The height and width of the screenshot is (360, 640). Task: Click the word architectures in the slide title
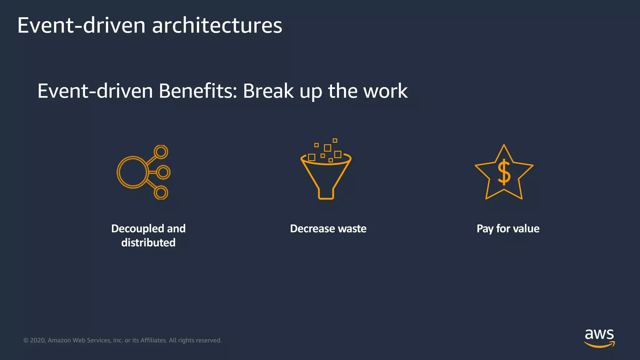point(217,26)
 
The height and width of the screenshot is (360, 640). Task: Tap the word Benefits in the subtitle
point(198,91)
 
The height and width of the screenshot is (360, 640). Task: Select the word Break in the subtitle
point(268,91)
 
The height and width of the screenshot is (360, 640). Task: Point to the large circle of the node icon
point(132,172)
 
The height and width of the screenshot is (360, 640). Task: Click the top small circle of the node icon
point(161,152)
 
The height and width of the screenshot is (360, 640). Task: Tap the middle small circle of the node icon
point(163,172)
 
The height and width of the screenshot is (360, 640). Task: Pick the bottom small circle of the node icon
point(161,192)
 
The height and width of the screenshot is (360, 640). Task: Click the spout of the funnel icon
point(326,194)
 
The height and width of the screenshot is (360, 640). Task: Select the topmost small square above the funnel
point(335,141)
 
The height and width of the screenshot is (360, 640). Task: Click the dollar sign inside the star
point(504,172)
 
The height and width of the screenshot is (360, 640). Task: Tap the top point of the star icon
point(504,146)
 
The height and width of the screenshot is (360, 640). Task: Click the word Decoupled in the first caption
point(137,229)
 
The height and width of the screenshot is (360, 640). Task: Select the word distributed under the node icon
point(148,243)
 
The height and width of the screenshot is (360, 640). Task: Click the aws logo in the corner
point(599,337)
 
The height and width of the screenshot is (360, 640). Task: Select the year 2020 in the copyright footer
point(37,340)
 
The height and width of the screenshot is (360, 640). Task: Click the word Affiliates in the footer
point(153,340)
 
